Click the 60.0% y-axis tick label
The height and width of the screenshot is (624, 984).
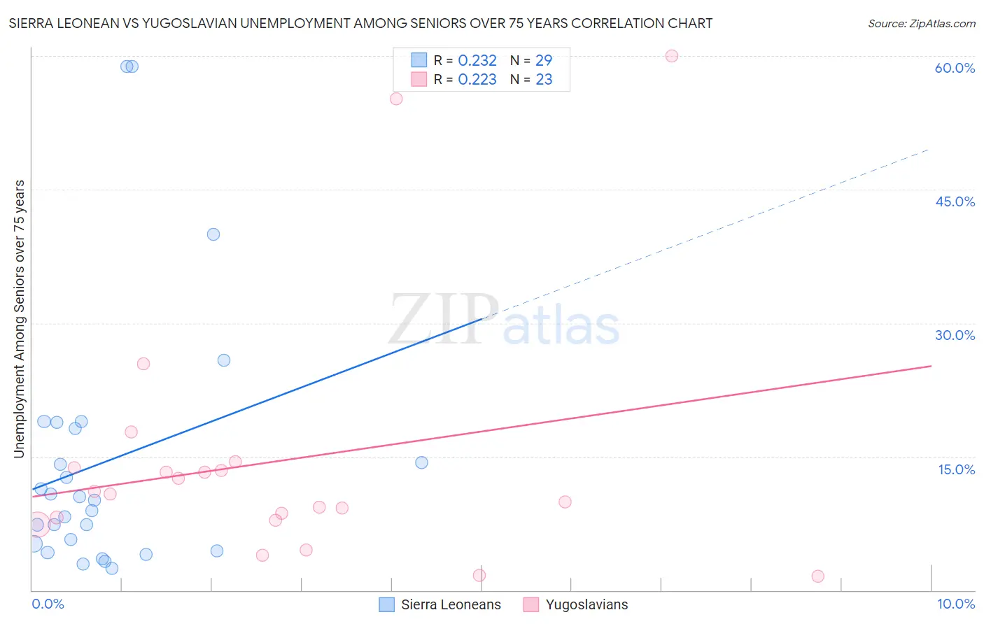pos(955,68)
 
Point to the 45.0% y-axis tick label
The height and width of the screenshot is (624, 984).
pos(955,201)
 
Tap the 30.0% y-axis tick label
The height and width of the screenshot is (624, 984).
pos(955,335)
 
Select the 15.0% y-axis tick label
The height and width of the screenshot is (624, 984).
pos(956,469)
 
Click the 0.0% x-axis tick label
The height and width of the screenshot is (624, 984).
pos(48,604)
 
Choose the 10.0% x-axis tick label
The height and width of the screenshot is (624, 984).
pos(955,604)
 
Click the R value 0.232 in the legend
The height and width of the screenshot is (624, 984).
pos(477,61)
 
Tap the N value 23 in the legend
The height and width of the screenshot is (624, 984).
pos(544,80)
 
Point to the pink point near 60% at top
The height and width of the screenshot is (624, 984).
pos(672,56)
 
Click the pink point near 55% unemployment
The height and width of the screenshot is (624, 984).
pos(396,99)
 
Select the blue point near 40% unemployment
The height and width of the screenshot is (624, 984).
pos(213,234)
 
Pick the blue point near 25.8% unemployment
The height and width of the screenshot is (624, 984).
pos(224,360)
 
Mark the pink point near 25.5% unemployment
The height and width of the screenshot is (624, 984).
pos(143,364)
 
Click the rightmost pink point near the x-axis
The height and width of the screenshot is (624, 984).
pos(818,576)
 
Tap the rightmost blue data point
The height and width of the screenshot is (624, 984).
pos(421,462)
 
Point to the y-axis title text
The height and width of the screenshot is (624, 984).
pos(19,319)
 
